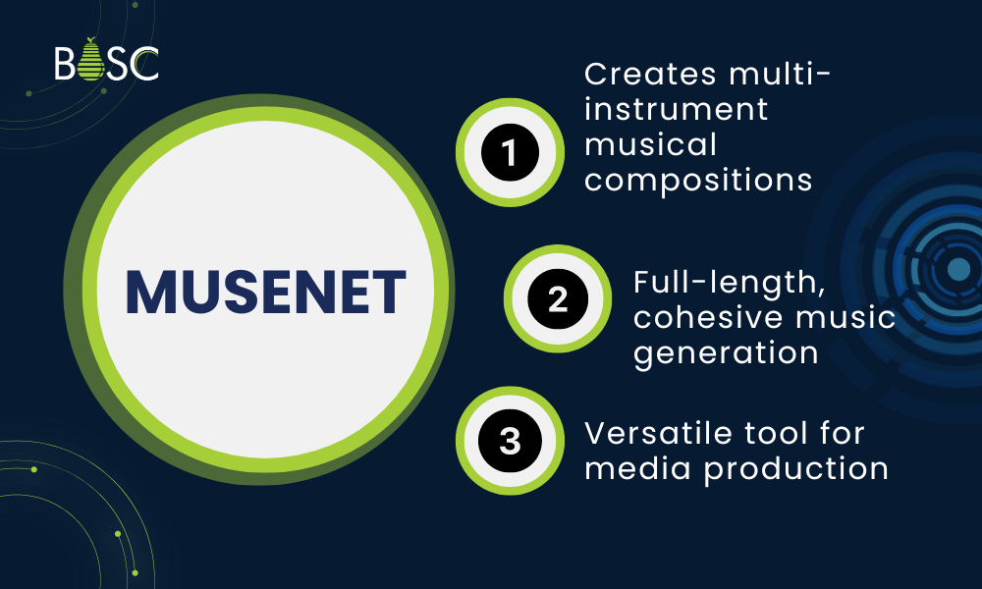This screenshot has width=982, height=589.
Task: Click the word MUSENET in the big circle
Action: click(265, 292)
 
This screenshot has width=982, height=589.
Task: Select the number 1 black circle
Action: click(510, 152)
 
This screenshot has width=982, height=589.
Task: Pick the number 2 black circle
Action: click(558, 298)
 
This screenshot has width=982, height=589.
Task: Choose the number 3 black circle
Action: click(510, 441)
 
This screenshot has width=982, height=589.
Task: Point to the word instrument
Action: click(677, 109)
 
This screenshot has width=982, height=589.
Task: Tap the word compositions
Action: click(698, 182)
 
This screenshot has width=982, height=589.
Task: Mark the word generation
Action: click(726, 352)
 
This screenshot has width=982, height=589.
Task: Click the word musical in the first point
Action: click(650, 145)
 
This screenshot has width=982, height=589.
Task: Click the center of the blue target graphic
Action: click(957, 268)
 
